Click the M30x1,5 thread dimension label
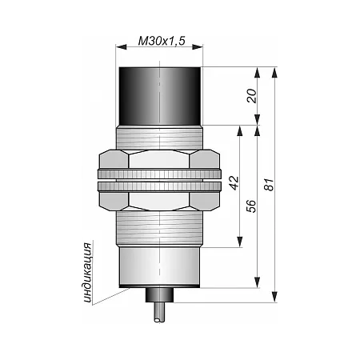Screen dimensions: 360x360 pyautogui.click(x=162, y=41)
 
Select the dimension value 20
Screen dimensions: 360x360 pyautogui.click(x=251, y=96)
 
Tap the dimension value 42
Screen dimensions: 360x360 pyautogui.click(x=234, y=183)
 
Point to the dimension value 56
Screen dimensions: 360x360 pyautogui.click(x=251, y=206)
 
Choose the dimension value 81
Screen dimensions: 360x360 pyautogui.click(x=269, y=185)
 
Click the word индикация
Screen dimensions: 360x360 pyautogui.click(x=87, y=273)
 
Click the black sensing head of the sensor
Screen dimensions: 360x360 pyautogui.click(x=159, y=96)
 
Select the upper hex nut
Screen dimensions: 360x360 pyautogui.click(x=159, y=159)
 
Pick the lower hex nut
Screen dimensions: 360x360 pyautogui.click(x=159, y=201)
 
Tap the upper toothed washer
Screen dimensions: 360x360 pyautogui.click(x=159, y=174)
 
